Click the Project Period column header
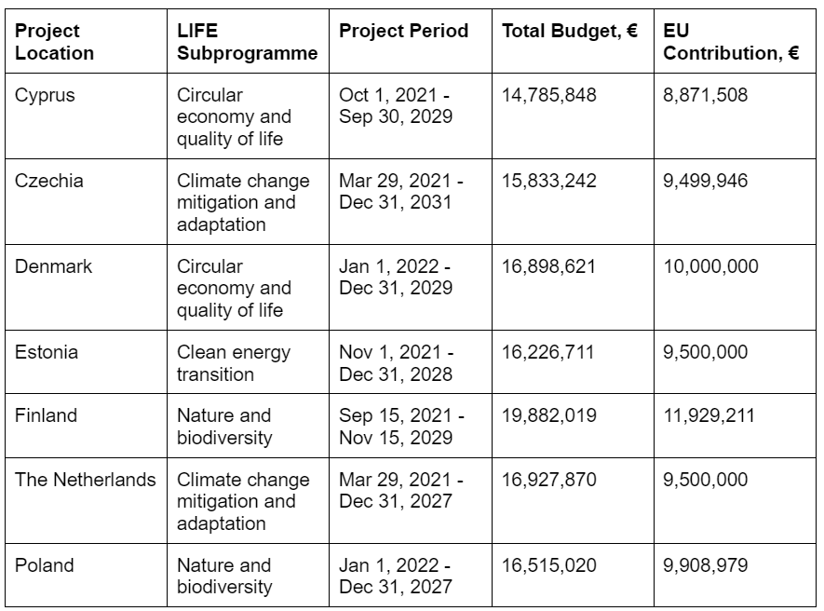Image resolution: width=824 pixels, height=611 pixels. pyautogui.click(x=403, y=32)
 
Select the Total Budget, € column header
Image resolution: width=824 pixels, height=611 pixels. pyautogui.click(x=569, y=32)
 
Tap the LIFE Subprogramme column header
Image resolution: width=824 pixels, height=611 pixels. pyautogui.click(x=247, y=43)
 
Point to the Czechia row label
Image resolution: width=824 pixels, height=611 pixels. pyautogui.click(x=48, y=181)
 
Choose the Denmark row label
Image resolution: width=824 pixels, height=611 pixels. pyautogui.click(x=53, y=266)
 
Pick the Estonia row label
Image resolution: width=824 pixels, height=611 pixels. pyautogui.click(x=47, y=352)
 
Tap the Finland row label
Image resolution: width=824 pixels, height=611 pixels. pyautogui.click(x=46, y=416)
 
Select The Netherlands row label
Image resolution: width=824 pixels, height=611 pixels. pyautogui.click(x=85, y=481)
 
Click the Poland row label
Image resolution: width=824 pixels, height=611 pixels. pyautogui.click(x=44, y=565)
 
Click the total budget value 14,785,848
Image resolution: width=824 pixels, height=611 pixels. pyautogui.click(x=549, y=95)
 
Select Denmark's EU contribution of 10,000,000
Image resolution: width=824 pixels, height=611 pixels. pyautogui.click(x=710, y=266)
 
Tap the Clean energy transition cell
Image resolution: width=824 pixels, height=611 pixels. pyautogui.click(x=234, y=363)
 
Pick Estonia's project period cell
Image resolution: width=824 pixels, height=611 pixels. pyautogui.click(x=396, y=363)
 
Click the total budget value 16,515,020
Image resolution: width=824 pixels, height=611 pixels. pyautogui.click(x=549, y=565)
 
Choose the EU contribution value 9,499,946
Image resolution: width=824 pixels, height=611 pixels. pyautogui.click(x=706, y=181)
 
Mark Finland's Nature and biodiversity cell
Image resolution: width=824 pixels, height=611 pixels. pyautogui.click(x=223, y=427)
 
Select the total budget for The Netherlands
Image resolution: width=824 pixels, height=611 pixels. pyautogui.click(x=549, y=481)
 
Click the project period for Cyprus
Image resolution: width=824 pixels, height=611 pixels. pyautogui.click(x=396, y=106)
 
